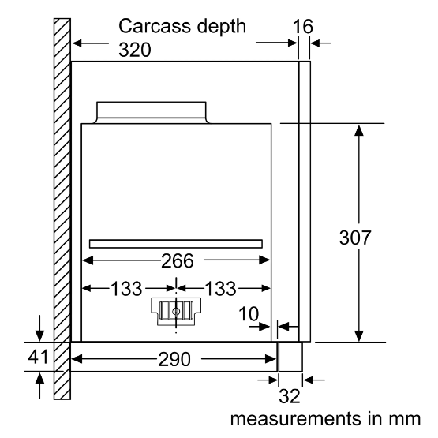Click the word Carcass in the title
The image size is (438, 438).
(155, 26)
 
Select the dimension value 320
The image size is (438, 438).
(135, 50)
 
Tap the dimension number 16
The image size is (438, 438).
(303, 27)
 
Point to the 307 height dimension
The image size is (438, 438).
(355, 238)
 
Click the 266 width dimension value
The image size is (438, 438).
(178, 261)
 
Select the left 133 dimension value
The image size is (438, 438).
(126, 289)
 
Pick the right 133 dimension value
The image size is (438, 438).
(220, 289)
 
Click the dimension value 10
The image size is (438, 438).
(249, 313)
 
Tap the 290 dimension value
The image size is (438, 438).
(174, 359)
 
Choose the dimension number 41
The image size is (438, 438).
(38, 357)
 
